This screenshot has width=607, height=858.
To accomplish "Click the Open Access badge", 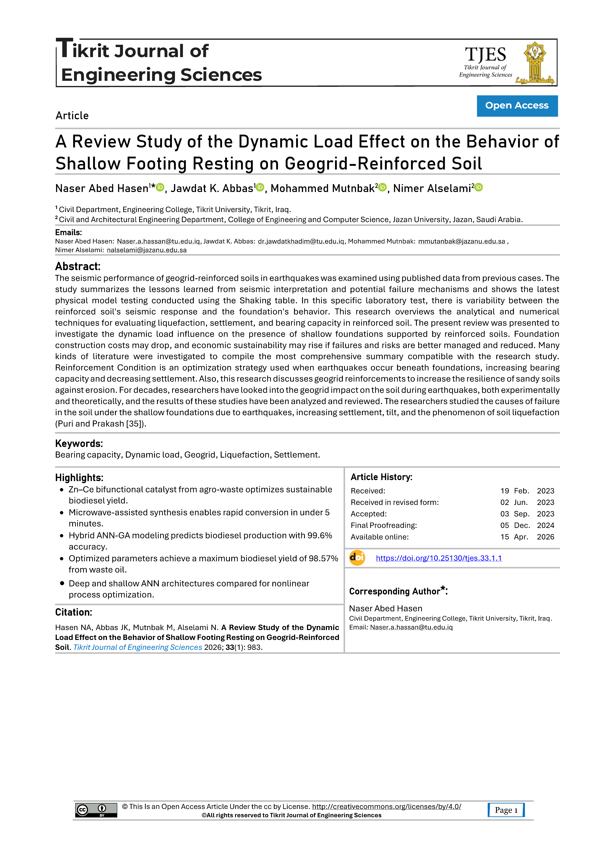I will [517, 106].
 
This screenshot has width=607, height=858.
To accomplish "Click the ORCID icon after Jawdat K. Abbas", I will [260, 187].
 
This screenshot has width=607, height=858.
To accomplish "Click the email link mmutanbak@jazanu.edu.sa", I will [462, 241].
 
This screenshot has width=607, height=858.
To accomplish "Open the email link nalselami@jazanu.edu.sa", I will [147, 250].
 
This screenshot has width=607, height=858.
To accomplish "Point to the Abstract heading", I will [78, 266].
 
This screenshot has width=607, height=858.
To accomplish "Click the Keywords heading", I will [79, 444].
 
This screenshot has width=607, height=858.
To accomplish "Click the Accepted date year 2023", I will [545, 514].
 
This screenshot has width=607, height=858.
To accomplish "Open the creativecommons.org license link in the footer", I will [386, 806].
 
